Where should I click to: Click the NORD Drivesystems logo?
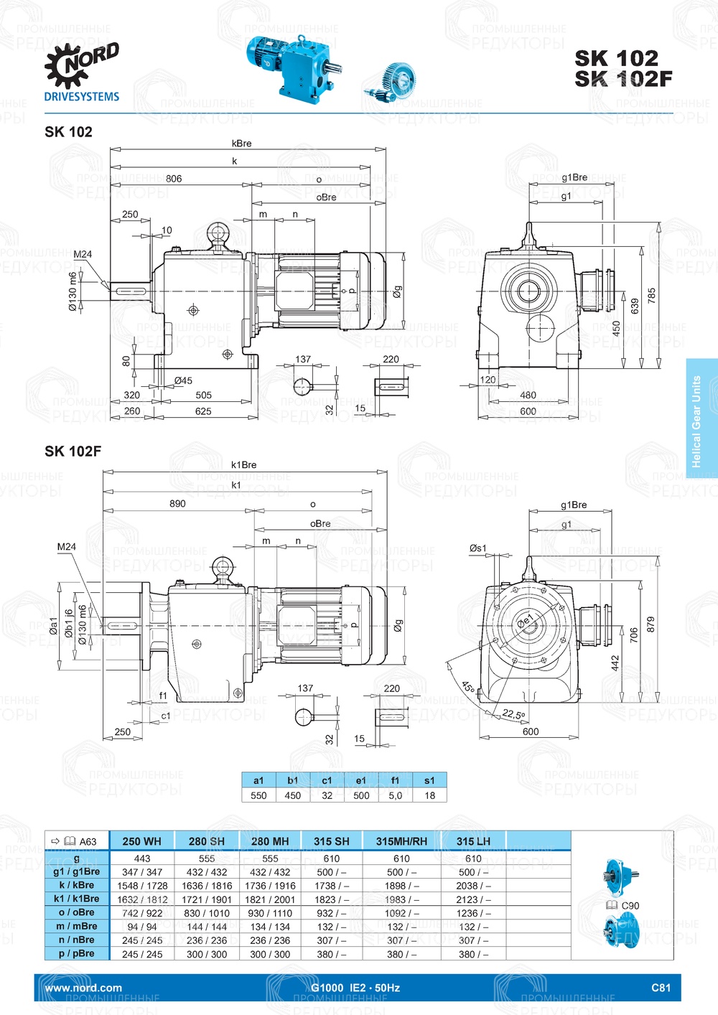pyautogui.click(x=82, y=72)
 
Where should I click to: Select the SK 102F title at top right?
pyautogui.click(x=623, y=79)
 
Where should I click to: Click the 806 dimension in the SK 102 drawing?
pyautogui.click(x=174, y=179)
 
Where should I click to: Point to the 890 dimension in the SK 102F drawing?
pyautogui.click(x=177, y=504)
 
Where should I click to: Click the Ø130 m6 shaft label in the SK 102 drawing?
pyautogui.click(x=73, y=291)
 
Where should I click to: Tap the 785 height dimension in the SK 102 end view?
pyautogui.click(x=652, y=295)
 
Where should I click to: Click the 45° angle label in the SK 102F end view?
pyautogui.click(x=467, y=688)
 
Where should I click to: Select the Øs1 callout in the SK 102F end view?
pyautogui.click(x=477, y=548)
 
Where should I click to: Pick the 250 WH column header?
pyautogui.click(x=141, y=841)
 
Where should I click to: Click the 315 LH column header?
pyautogui.click(x=473, y=841)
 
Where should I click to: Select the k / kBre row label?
pyautogui.click(x=77, y=885)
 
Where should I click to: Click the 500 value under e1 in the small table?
pyautogui.click(x=361, y=795)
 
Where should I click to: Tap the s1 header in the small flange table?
pyautogui.click(x=429, y=780)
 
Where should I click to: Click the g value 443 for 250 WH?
pyautogui.click(x=142, y=859)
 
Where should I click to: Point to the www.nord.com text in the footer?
pyautogui.click(x=83, y=988)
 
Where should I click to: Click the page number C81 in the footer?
pyautogui.click(x=661, y=988)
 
